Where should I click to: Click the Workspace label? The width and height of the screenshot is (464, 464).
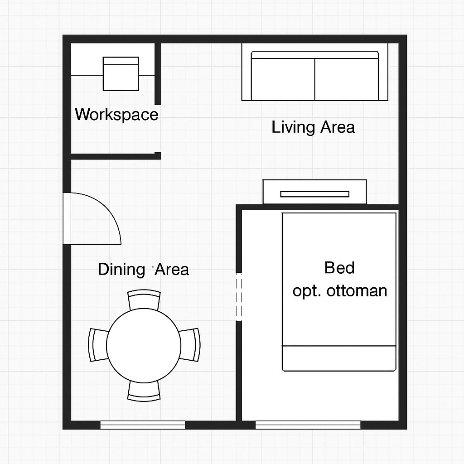pos(116,115)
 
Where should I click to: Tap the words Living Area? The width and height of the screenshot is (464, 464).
pos(313,127)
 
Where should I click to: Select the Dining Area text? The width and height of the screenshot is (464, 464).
pos(144,269)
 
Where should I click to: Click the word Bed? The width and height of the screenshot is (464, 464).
pos(339,268)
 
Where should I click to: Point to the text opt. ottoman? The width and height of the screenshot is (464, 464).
pos(340,291)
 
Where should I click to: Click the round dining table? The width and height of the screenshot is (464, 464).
pos(144,346)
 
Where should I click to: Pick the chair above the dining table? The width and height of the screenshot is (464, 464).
pos(144,300)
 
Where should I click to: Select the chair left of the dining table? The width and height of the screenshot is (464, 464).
pos(98,345)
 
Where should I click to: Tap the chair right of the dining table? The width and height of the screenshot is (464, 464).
pos(190,345)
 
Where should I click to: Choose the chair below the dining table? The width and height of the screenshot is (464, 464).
pos(144,391)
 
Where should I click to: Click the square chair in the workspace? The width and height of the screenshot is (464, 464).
pos(121,74)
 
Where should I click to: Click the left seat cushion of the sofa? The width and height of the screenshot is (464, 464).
pos(283,79)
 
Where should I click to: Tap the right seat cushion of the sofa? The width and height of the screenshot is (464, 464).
pos(347,79)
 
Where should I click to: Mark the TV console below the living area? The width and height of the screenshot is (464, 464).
pos(315,192)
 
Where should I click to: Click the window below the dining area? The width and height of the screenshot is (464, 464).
pos(143,425)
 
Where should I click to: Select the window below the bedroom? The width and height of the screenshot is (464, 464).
pos(308,425)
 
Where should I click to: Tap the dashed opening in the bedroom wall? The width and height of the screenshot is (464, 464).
pos(239,297)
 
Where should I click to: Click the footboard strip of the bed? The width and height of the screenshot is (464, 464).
pos(339,358)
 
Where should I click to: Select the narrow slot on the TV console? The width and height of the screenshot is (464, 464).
pos(315,194)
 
